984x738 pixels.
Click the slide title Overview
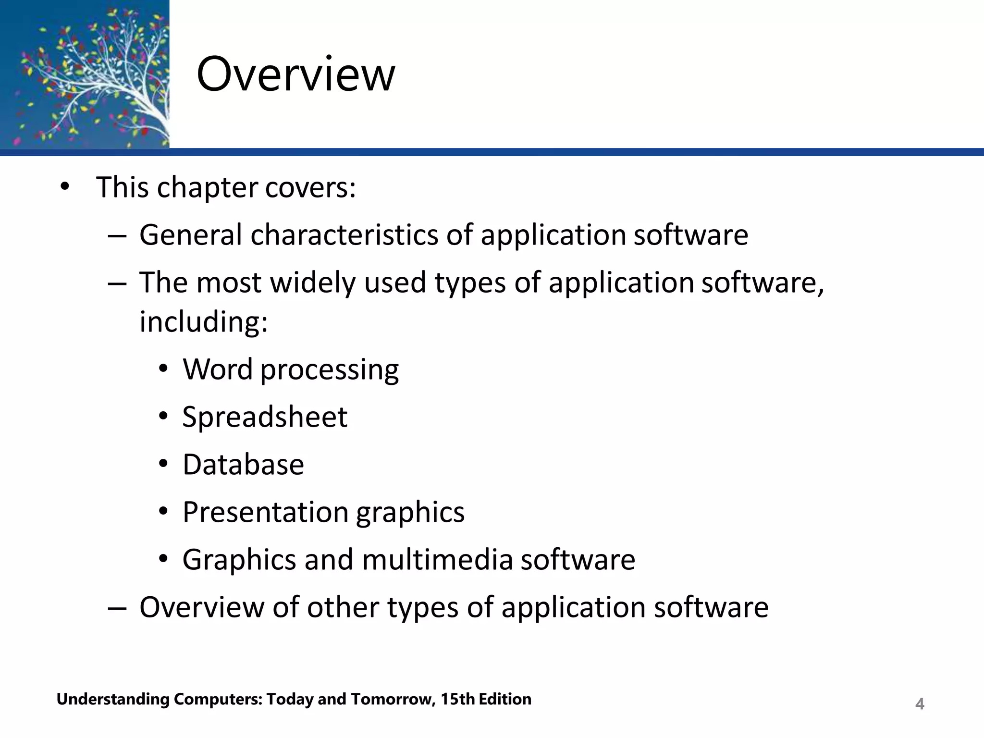tap(295, 74)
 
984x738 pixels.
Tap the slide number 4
tap(920, 704)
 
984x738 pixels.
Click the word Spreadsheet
tap(265, 417)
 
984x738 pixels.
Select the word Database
tap(243, 465)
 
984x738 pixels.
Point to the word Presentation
tap(265, 512)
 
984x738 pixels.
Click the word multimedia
tap(437, 560)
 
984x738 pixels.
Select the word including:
tap(203, 321)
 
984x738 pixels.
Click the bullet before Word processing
tap(164, 369)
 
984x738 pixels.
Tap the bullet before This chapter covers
tap(65, 187)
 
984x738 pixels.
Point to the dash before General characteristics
tap(117, 236)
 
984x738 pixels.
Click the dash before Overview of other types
tap(117, 608)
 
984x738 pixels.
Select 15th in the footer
tap(457, 699)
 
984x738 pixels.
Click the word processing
tap(329, 370)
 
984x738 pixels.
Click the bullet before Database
tap(164, 465)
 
